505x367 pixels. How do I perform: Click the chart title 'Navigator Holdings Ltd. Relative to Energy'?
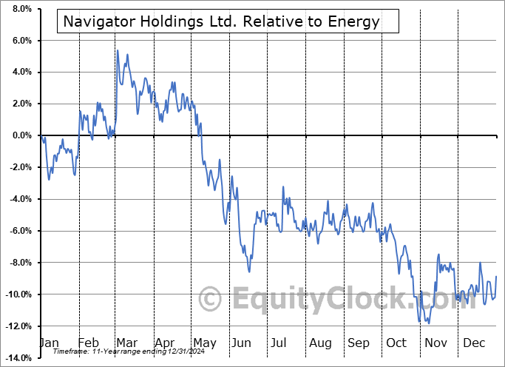tap(222, 21)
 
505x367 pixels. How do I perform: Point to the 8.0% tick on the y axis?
tap(20, 9)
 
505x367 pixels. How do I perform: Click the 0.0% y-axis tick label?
tap(20, 135)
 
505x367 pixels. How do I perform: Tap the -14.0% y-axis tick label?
tap(18, 358)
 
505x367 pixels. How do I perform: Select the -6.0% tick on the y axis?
tap(19, 231)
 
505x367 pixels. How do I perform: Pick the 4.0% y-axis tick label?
tap(20, 73)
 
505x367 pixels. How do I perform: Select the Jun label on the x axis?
tap(242, 343)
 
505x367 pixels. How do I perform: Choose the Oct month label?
tap(396, 343)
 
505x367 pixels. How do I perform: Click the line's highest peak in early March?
tap(117, 50)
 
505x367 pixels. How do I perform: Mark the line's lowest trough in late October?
tap(428, 323)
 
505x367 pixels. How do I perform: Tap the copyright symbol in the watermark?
tap(211, 299)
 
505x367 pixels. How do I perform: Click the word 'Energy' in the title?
tap(356, 21)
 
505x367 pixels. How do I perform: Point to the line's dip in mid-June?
tap(249, 272)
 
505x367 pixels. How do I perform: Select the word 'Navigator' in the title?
tap(97, 21)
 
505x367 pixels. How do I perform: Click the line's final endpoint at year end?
tap(496, 276)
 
